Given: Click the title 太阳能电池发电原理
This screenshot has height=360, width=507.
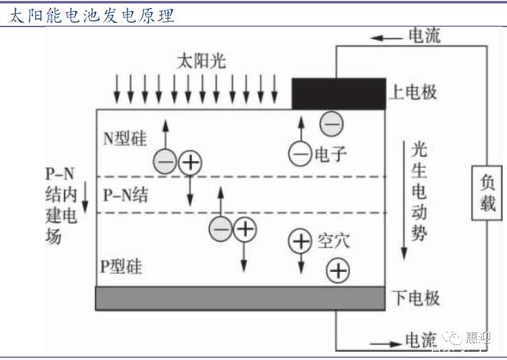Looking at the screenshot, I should pyautogui.click(x=89, y=15).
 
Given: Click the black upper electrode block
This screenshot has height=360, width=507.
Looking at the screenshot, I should pyautogui.click(x=339, y=94).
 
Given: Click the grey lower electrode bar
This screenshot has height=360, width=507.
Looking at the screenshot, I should pyautogui.click(x=241, y=298).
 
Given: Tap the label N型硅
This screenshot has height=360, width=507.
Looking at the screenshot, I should pyautogui.click(x=124, y=137).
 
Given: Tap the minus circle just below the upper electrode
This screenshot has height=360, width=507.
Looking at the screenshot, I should pyautogui.click(x=331, y=123).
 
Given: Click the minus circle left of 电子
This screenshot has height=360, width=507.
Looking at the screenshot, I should pyautogui.click(x=299, y=154).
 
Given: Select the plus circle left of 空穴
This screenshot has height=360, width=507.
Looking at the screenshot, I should pyautogui.click(x=299, y=240).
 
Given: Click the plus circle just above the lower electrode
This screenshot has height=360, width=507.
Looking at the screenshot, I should pyautogui.click(x=337, y=271).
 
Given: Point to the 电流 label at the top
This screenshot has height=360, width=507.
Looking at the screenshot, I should pyautogui.click(x=424, y=36).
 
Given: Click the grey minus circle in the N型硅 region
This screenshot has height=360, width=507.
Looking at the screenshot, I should pyautogui.click(x=165, y=162).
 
